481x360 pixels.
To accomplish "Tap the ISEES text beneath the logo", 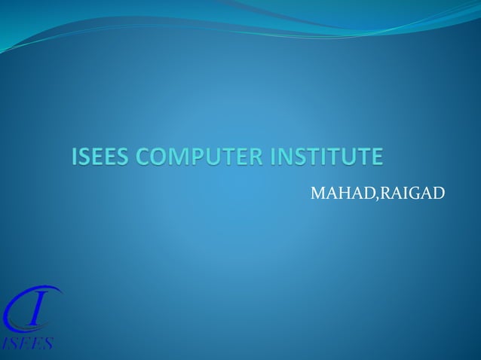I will tap(27, 343).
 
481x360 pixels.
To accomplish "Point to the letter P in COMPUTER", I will tap(198, 157).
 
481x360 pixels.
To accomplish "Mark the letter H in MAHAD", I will tap(344, 194).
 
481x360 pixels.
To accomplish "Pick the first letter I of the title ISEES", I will tap(75, 157).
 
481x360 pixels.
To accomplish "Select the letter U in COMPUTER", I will tap(216, 157).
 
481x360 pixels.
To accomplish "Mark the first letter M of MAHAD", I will tap(318, 194).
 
